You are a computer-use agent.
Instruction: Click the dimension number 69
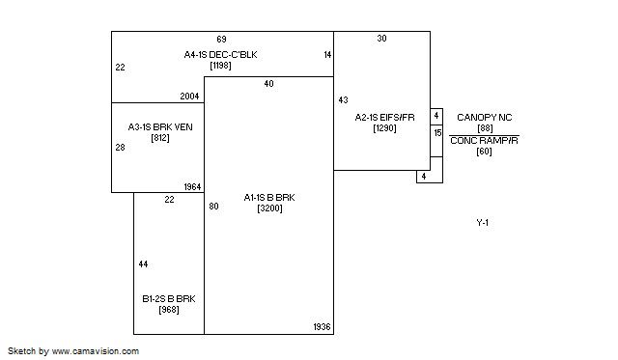pos(221,40)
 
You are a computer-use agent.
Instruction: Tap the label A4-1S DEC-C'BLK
pos(220,55)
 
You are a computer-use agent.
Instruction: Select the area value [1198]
pos(220,66)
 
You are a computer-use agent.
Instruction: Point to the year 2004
pos(189,97)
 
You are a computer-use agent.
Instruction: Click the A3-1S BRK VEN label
pos(160,127)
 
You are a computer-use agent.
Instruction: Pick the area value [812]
pos(160,138)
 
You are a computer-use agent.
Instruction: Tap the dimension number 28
pos(120,148)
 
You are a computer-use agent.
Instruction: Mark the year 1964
pos(192,187)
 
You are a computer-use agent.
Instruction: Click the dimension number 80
pos(213,206)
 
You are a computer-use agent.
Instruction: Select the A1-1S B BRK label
pos(269,197)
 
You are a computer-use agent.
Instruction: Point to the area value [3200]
pos(269,208)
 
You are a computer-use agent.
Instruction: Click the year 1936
pos(322,327)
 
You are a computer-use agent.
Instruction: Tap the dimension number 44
pos(144,264)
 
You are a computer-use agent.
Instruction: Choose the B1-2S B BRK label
pos(169,299)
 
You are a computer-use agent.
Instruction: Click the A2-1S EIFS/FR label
pos(384,118)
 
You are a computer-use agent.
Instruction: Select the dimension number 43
pos(344,100)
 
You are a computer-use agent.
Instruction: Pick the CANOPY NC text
pos(485,118)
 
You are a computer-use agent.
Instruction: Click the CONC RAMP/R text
pos(484,141)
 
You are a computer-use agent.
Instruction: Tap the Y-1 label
pos(483,223)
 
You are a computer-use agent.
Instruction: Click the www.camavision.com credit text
pos(96,351)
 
